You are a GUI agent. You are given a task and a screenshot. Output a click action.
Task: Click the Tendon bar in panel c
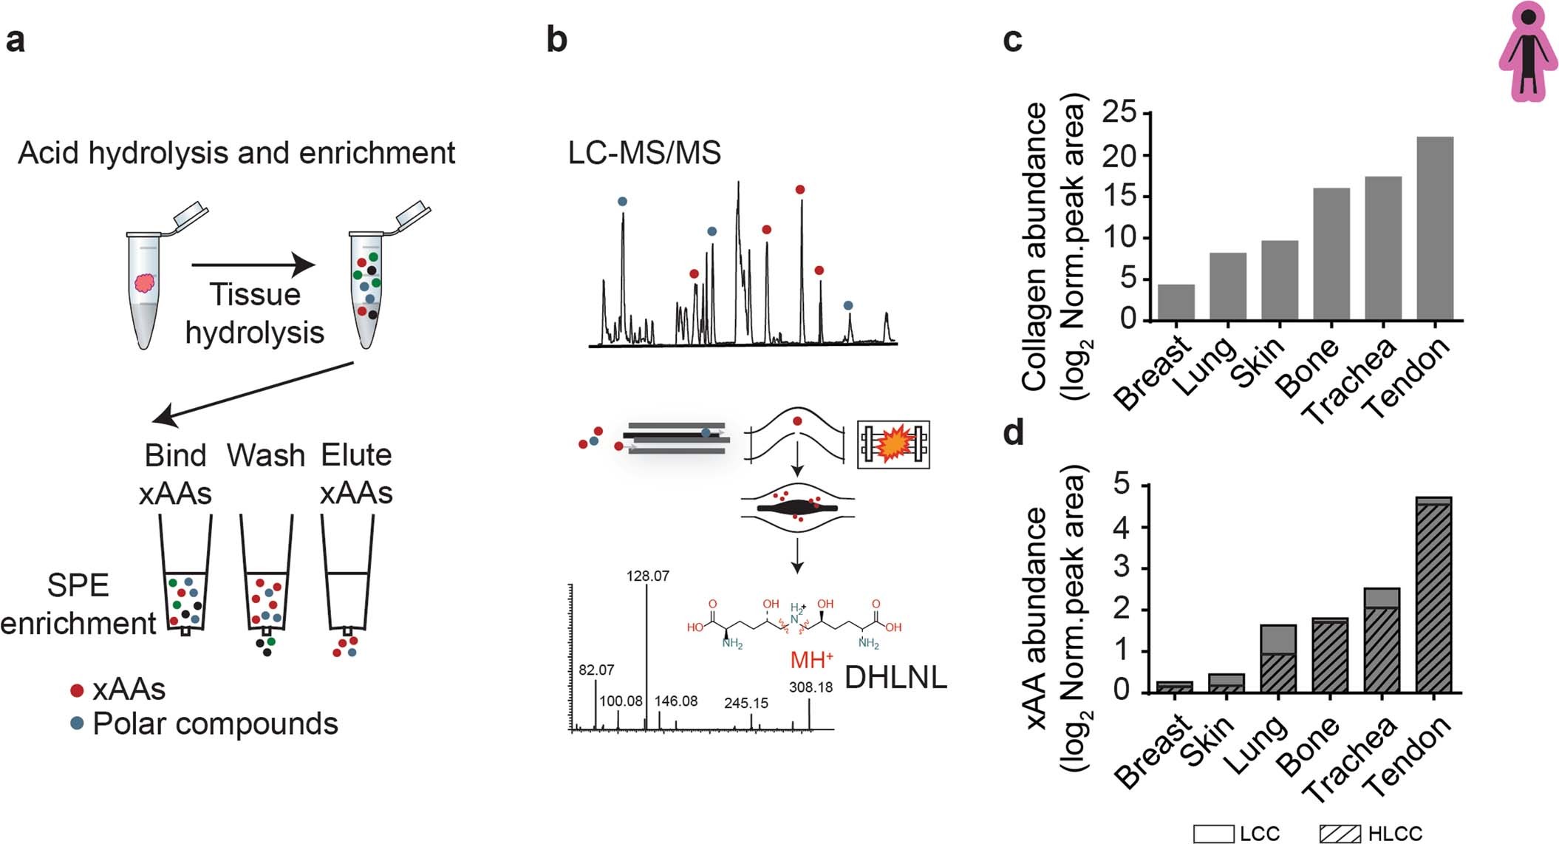(1435, 228)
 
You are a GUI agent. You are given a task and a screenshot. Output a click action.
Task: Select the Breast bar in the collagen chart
(1176, 302)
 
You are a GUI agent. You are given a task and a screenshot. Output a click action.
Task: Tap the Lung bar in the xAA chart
(1277, 658)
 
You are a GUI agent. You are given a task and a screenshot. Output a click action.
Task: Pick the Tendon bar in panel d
(1433, 595)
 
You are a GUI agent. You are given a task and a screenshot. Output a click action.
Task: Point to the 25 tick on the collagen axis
(1120, 113)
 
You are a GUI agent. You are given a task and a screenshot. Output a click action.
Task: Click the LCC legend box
(1213, 834)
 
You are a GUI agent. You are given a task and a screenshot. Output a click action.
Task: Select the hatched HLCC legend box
(1340, 834)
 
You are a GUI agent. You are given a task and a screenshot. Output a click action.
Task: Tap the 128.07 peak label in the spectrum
(647, 576)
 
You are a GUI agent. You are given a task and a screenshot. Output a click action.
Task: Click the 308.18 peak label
(811, 687)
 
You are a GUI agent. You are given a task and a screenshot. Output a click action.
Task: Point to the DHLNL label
(896, 677)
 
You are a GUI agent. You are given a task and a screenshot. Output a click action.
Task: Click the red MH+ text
(811, 659)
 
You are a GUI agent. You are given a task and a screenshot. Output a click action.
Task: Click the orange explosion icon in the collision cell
(893, 444)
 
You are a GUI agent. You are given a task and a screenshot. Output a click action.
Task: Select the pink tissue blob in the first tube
(144, 283)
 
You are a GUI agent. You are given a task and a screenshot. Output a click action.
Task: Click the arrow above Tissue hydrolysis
(253, 265)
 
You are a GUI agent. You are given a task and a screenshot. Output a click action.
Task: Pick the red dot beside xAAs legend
(77, 690)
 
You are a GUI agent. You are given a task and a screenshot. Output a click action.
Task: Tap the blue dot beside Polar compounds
(77, 724)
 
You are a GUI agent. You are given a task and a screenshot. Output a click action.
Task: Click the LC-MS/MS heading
(644, 153)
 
